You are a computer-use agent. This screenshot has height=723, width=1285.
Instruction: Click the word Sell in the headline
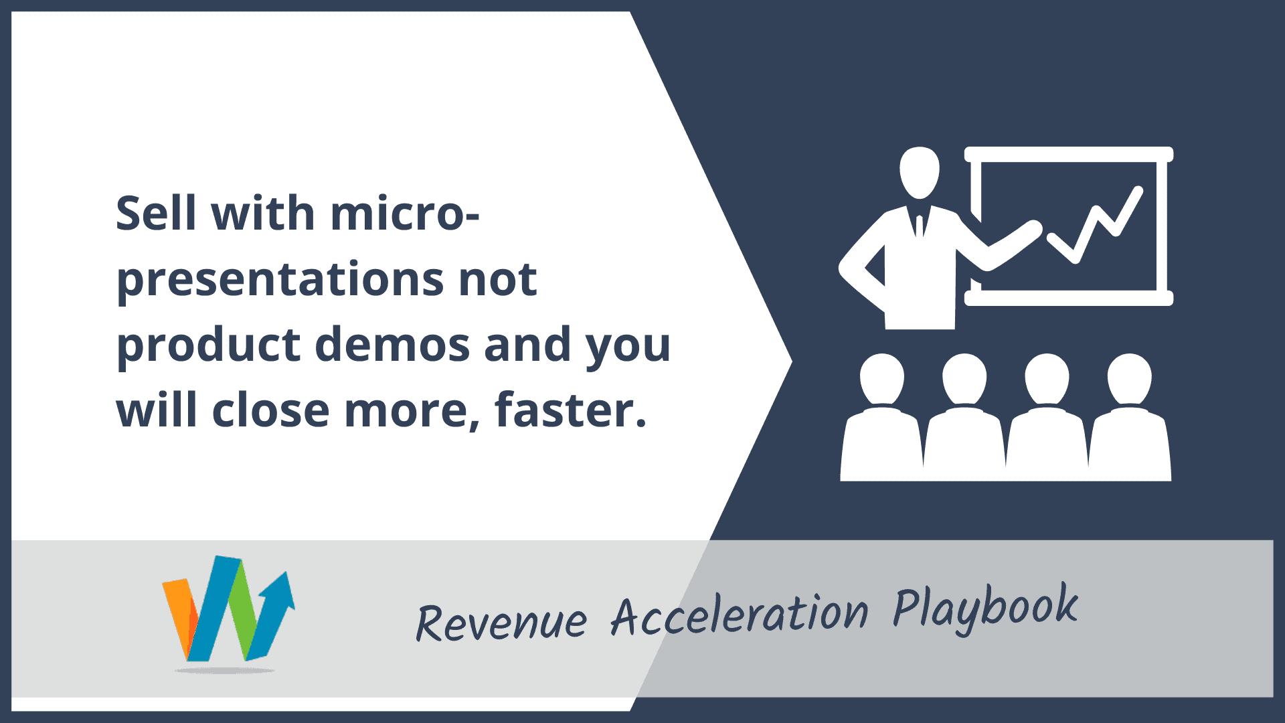click(x=155, y=213)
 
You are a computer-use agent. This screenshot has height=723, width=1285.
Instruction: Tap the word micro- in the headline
click(x=405, y=213)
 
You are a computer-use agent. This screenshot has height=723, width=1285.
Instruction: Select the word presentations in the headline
click(x=280, y=280)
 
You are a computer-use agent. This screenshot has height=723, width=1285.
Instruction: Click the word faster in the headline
click(x=570, y=410)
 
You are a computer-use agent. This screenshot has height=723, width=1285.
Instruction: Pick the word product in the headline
click(x=208, y=345)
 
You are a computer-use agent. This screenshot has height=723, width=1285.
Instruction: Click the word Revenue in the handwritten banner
click(x=501, y=622)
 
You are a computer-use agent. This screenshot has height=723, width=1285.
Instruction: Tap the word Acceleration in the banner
click(x=740, y=614)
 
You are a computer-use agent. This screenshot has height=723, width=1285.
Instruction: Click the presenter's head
click(x=920, y=173)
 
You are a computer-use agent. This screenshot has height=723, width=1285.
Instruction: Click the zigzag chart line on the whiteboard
click(x=1096, y=224)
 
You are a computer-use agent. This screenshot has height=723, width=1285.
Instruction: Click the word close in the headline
click(x=270, y=410)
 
